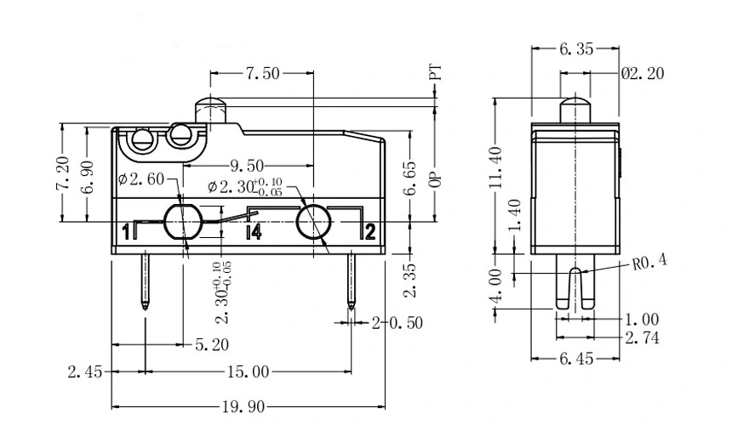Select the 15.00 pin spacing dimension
[x=248, y=371]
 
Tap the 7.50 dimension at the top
[x=262, y=74]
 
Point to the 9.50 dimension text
[x=247, y=165]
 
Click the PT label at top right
[x=435, y=72]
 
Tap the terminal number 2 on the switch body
[x=369, y=231]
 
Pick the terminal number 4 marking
[x=253, y=231]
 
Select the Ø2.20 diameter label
[x=643, y=74]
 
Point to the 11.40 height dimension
[x=496, y=166]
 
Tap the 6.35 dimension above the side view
[x=576, y=49]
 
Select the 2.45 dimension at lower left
[x=85, y=371]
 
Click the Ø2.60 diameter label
[x=141, y=178]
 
